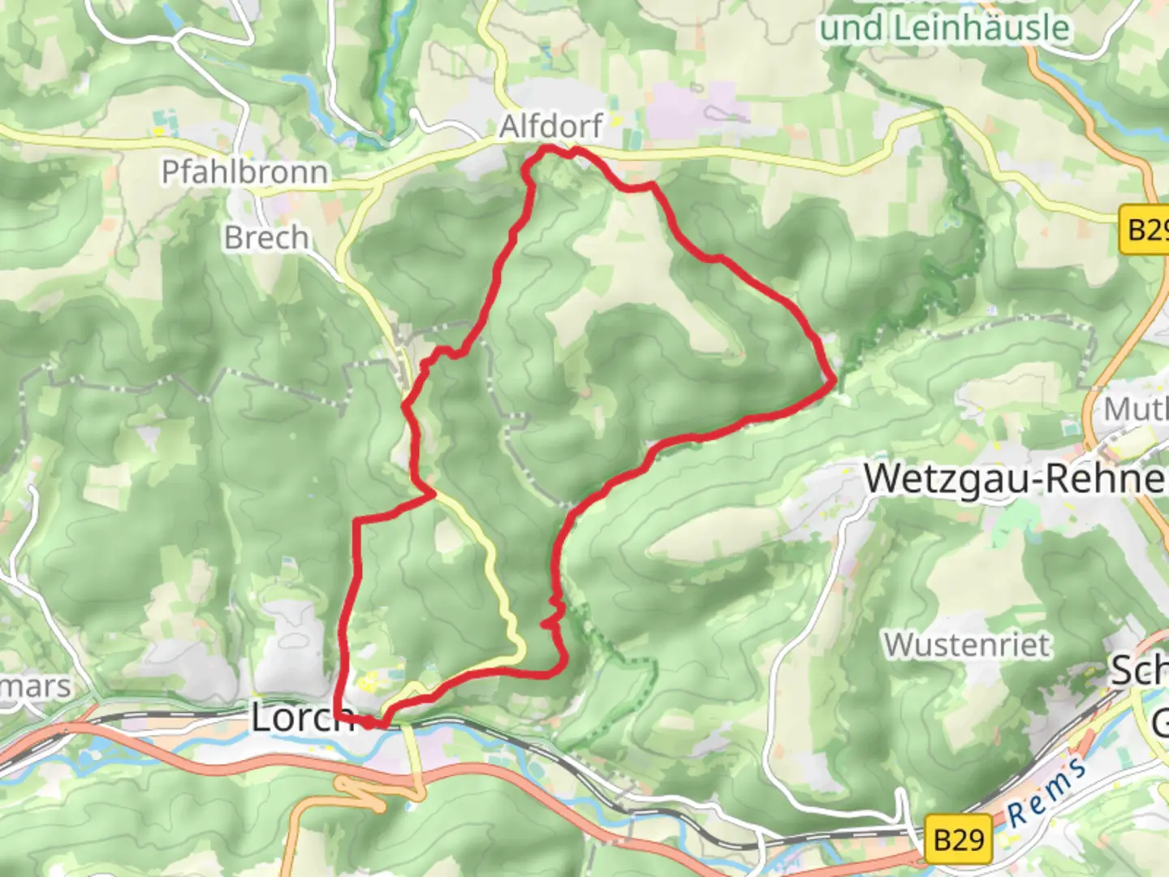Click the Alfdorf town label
[x=551, y=126]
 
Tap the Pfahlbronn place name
[x=244, y=172]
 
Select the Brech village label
[x=266, y=238]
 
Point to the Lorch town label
[x=300, y=718]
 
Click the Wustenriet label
[x=967, y=645]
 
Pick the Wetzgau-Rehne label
[x=1015, y=478]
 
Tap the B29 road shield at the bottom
[x=959, y=838]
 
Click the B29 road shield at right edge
[x=1146, y=229]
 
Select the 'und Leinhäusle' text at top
[x=944, y=28]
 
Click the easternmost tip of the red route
[x=835, y=379]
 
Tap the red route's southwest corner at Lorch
[x=336, y=715]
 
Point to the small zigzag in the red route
[x=553, y=613]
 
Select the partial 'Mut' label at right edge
[x=1135, y=409]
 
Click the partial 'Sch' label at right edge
[x=1139, y=671]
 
